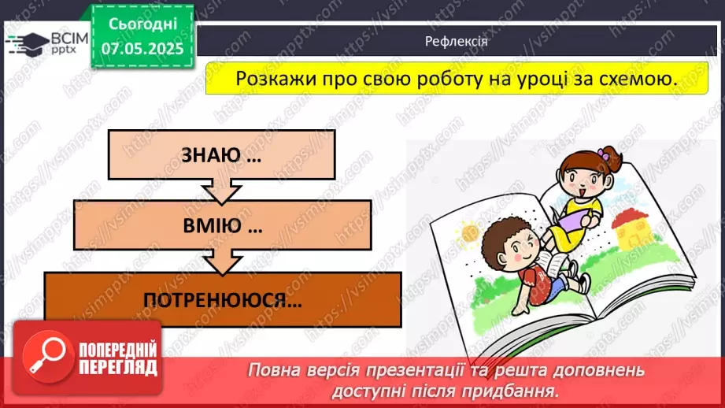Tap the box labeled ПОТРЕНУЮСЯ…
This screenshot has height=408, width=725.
[x=223, y=299]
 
